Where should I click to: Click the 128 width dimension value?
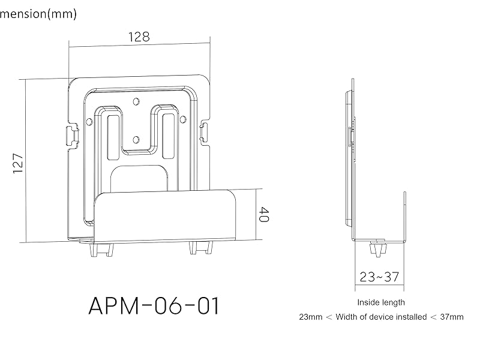pos(139,36)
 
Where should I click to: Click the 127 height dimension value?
pos(18,162)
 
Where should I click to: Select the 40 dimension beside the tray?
pos(263,215)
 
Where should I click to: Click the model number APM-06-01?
pos(154,306)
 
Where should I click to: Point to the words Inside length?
pos(381,302)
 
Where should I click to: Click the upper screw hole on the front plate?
pos(136,101)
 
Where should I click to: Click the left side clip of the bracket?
pos(71,133)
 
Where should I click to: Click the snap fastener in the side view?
pos(377,248)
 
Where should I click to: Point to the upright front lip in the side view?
pos(405,216)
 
